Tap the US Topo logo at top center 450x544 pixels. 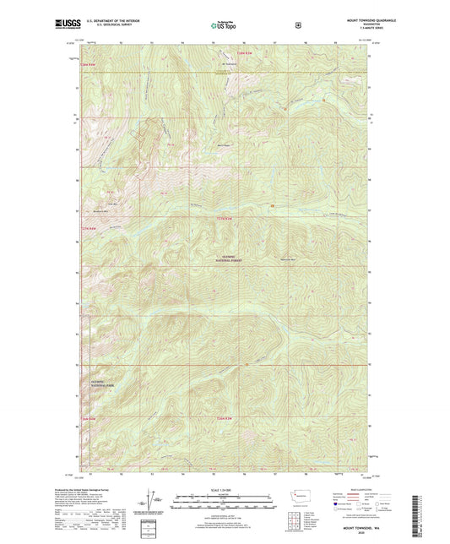(224, 26)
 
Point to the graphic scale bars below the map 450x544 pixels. (224, 502)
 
